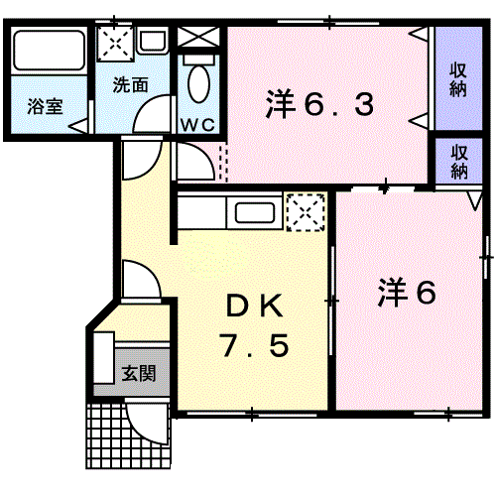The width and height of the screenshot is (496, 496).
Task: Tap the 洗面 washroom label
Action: point(130,85)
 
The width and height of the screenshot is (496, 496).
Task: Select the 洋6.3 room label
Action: point(319,103)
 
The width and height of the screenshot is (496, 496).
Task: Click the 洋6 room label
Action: point(407,293)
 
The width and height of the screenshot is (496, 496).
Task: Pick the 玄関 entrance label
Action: point(139,374)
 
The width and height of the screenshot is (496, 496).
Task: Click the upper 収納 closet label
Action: point(458,80)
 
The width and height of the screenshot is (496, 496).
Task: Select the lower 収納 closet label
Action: point(458,162)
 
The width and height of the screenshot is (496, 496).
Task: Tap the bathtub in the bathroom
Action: point(49,52)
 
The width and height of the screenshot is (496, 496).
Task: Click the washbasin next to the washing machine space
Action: point(153,42)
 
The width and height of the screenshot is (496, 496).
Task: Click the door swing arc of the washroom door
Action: point(147,119)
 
